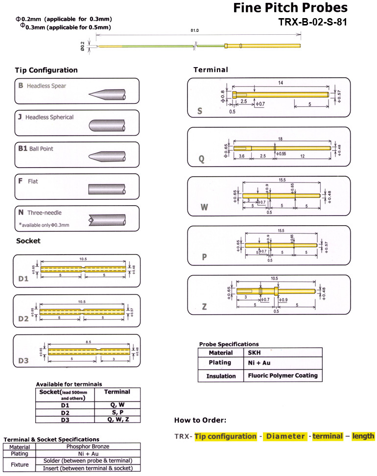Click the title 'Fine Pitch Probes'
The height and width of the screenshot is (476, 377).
pos(290,8)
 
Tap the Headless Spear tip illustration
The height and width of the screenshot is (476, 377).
pos(107,94)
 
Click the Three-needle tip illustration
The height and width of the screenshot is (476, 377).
pos(107,219)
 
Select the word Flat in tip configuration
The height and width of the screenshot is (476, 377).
pos(33,181)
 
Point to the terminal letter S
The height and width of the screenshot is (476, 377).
pos(199,111)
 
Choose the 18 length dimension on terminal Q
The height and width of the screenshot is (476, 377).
pos(280,139)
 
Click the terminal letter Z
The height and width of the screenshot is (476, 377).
pos(204,307)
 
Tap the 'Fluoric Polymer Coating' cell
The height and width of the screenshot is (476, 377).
pos(282,376)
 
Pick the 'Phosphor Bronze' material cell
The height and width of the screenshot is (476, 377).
pos(88,446)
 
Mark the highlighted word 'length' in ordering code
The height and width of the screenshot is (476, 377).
pos(363,436)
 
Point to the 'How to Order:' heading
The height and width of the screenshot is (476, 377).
pos(200,420)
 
